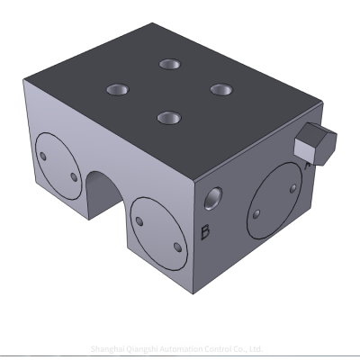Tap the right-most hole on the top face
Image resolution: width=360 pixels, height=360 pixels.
click(x=219, y=88)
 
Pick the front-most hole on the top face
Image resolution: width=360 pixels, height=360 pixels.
click(x=166, y=117)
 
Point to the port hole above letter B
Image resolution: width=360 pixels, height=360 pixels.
click(x=213, y=195)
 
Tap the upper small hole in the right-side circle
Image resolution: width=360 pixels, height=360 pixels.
click(x=291, y=186)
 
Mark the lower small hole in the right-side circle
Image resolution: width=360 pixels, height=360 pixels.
click(x=257, y=215)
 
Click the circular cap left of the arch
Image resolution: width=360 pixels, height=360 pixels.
click(x=58, y=165)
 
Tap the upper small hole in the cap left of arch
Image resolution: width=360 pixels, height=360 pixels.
click(x=42, y=156)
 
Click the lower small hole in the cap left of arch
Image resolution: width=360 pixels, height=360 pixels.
click(x=74, y=175)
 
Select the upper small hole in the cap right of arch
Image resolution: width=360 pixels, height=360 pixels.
click(x=139, y=218)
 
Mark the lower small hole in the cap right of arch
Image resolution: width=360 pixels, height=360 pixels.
click(x=175, y=244)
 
